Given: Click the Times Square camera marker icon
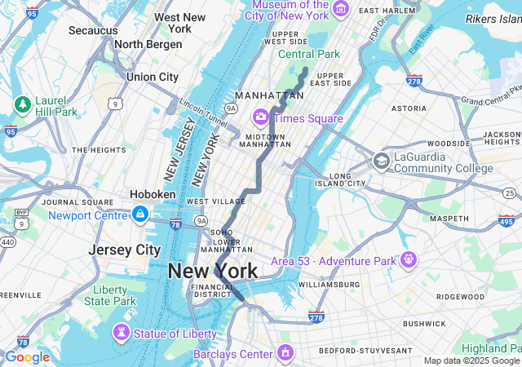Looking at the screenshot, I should point(262,117).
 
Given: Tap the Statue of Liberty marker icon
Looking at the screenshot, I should point(122,333).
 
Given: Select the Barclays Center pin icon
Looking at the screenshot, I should point(285,353).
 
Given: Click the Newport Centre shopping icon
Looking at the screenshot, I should point(140,214).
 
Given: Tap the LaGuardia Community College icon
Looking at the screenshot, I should point(381,161).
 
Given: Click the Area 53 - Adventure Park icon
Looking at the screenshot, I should point(409,260).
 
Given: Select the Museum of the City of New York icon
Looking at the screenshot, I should point(341,9).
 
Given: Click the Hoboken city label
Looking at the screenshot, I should point(153,194).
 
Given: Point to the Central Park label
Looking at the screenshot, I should point(308,54).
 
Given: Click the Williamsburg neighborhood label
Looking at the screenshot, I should point(328,285).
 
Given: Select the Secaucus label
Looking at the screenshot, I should point(93,30).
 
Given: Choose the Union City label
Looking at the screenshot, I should point(152,77).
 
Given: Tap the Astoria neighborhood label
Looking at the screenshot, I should point(409,108).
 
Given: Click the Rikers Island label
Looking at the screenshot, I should point(493,19).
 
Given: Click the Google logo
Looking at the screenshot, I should point(27,357).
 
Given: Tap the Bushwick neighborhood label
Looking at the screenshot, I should point(423,324).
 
